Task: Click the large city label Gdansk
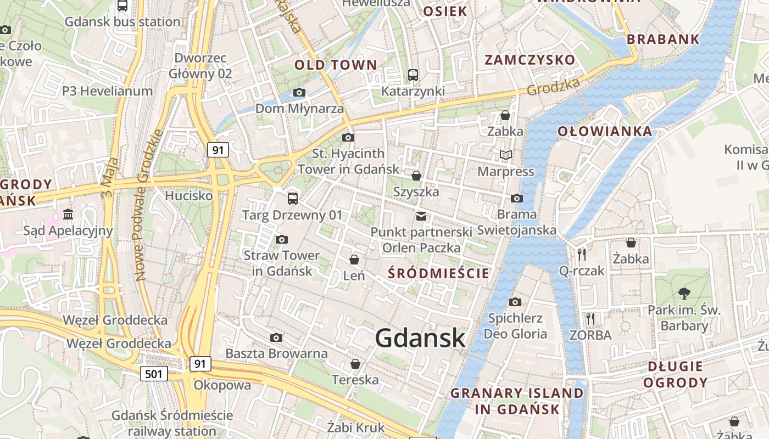pyautogui.click(x=420, y=337)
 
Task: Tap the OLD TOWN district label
pyautogui.click(x=336, y=65)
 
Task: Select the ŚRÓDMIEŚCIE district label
pyautogui.click(x=438, y=273)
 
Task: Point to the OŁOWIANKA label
pyautogui.click(x=605, y=131)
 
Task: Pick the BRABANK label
pyautogui.click(x=663, y=39)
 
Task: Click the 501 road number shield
pyautogui.click(x=154, y=374)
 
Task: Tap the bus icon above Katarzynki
pyautogui.click(x=413, y=75)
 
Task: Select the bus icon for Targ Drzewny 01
pyautogui.click(x=293, y=199)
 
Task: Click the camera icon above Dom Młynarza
pyautogui.click(x=299, y=92)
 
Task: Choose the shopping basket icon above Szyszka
pyautogui.click(x=416, y=176)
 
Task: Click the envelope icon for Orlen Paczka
pyautogui.click(x=421, y=216)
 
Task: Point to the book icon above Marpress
pyautogui.click(x=505, y=155)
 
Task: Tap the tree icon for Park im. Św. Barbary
pyautogui.click(x=684, y=294)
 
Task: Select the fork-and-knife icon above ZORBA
pyautogui.click(x=590, y=318)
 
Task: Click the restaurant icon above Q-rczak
pyautogui.click(x=582, y=254)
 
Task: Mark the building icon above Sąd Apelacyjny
pyautogui.click(x=68, y=214)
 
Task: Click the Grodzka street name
pyautogui.click(x=553, y=86)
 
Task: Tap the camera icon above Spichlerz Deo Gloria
pyautogui.click(x=515, y=302)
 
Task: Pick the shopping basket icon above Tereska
pyautogui.click(x=355, y=364)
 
